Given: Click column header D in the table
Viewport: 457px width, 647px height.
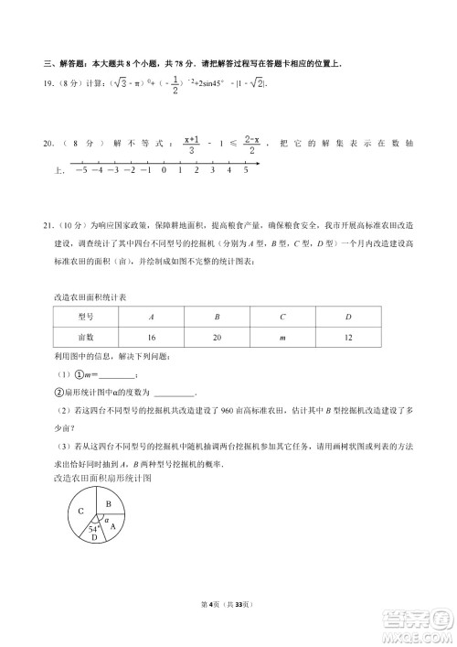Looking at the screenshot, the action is (348, 316).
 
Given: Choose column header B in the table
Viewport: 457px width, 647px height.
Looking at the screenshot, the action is (217, 316).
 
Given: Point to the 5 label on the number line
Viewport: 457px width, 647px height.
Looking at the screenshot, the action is (246, 170).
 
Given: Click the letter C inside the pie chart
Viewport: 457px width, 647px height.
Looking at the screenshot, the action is (81, 511).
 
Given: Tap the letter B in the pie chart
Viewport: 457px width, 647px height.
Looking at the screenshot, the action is (108, 504).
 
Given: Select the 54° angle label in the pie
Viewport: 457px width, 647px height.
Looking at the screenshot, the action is (93, 529).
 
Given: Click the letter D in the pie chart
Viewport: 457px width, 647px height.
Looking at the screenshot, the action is (95, 540).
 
